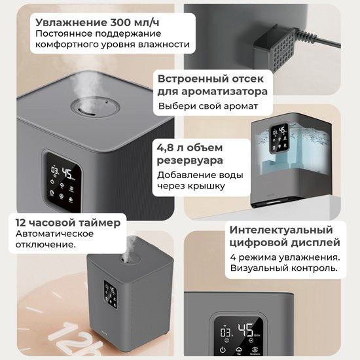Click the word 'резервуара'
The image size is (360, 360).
190,160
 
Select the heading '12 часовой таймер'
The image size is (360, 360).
68,223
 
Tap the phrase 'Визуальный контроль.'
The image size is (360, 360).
283,268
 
